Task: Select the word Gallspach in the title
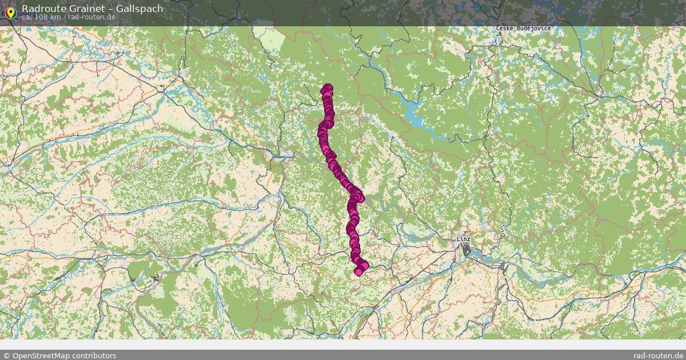141,9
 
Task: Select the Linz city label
464,239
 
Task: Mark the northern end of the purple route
328,88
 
